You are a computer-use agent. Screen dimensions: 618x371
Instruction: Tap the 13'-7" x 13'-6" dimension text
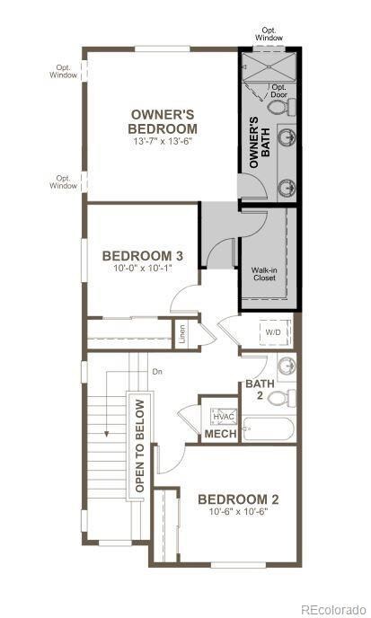click(x=163, y=142)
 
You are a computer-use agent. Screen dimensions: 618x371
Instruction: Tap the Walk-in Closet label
click(x=263, y=273)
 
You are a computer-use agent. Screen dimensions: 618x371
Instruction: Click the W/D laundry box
click(x=272, y=333)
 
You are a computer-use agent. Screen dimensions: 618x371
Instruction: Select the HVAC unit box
click(x=222, y=416)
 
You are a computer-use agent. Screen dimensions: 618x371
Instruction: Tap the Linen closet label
click(x=181, y=335)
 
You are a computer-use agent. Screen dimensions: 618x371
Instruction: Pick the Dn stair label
click(x=157, y=371)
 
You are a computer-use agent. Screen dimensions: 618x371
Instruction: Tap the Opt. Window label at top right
click(x=268, y=34)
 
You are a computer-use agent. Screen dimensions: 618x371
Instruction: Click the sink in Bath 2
click(x=286, y=366)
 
